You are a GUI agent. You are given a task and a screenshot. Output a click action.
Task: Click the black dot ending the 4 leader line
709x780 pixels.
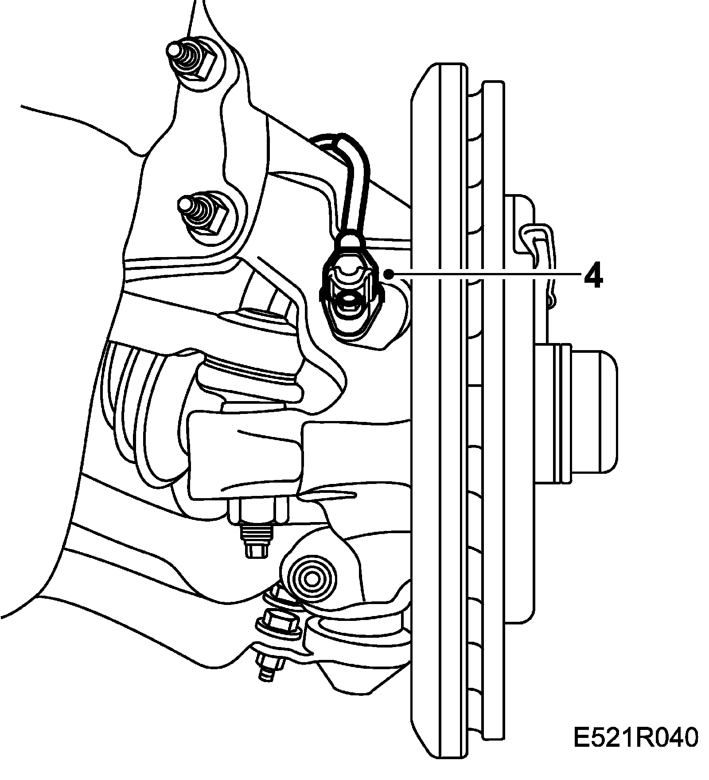click(390, 274)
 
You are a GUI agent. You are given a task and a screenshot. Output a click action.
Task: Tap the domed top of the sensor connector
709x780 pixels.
click(349, 242)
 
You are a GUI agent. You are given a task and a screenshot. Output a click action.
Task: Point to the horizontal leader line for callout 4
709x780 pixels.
click(487, 275)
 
